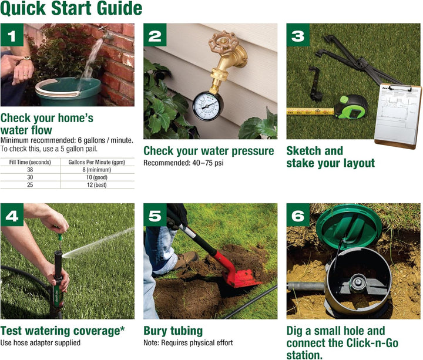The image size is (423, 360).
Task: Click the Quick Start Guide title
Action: (x=71, y=9)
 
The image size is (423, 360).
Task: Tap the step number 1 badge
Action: (x=12, y=36)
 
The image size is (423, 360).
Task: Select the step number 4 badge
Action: (x=12, y=217)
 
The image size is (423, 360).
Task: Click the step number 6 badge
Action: (x=298, y=217)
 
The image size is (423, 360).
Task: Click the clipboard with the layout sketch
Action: (x=398, y=114)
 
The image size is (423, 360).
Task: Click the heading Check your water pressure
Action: (x=209, y=151)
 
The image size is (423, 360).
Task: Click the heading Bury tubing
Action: (x=173, y=331)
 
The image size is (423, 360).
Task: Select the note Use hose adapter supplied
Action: (x=40, y=342)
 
